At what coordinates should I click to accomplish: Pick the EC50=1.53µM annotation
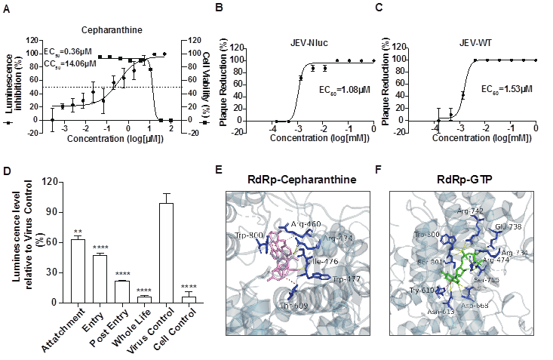click(506, 88)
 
